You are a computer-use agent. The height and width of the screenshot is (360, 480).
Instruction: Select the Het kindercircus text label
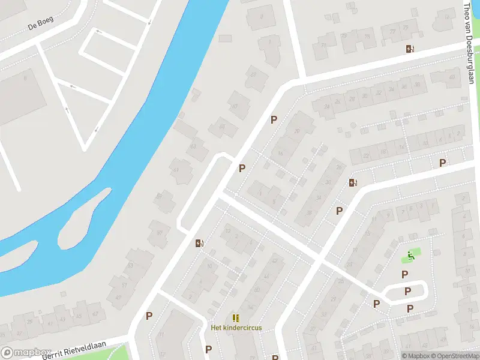pos(236,328)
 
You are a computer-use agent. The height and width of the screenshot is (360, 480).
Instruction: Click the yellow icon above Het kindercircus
pos(236,317)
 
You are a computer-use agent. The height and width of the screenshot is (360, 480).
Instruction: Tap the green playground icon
pos(411,256)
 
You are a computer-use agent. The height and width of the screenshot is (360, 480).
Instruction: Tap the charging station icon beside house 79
pos(410,49)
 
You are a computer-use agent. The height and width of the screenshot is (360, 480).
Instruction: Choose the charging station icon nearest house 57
pos(199,243)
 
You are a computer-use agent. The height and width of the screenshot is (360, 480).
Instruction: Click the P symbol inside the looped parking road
pos(407,292)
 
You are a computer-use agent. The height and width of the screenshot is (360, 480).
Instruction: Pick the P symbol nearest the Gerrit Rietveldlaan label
pos(149,316)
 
